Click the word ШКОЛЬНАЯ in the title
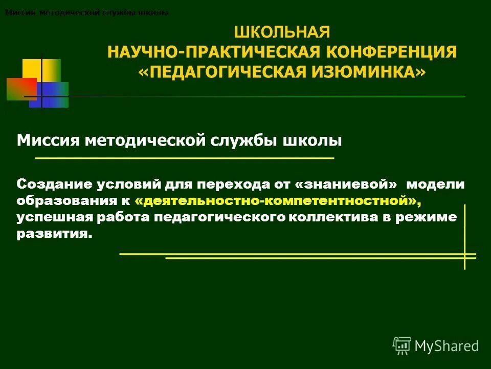(282, 32)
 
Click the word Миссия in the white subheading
(45, 140)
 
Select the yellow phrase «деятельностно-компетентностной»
(281, 200)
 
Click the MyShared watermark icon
(401, 345)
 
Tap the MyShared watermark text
(447, 346)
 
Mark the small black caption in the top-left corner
(86, 13)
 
